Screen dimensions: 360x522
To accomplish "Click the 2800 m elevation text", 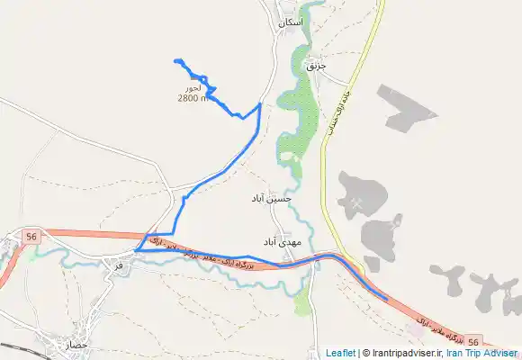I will coord(193,98).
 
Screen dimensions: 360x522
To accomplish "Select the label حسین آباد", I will coord(275,197).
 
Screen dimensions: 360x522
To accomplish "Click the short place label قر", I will coord(119,265).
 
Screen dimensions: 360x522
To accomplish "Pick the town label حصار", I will coord(78,345).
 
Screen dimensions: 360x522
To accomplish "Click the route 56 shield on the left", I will coord(32,236).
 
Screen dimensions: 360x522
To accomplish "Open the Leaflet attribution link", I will coord(339,354).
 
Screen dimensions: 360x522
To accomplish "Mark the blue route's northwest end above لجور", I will coord(175,60).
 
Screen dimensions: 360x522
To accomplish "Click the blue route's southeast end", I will coord(387,299).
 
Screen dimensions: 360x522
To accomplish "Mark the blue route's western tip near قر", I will coord(134,249).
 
